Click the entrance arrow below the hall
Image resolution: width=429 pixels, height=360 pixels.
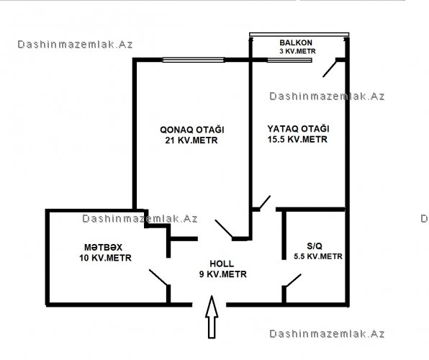(212, 317)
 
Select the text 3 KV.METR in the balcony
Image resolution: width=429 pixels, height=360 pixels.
(297, 51)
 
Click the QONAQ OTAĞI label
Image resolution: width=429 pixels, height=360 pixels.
(192, 130)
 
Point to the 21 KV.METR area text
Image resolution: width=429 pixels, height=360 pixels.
(191, 140)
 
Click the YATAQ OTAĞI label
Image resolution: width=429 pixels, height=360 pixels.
(298, 129)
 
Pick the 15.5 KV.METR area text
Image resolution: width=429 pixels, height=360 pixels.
(297, 140)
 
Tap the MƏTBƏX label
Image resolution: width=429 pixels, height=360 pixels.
(103, 248)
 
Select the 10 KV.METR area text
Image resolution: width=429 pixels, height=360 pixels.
(105, 258)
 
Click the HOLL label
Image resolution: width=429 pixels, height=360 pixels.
(222, 264)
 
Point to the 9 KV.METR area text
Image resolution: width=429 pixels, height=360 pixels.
(223, 274)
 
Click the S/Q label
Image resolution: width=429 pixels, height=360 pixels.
(315, 246)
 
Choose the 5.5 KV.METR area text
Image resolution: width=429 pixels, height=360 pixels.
(318, 256)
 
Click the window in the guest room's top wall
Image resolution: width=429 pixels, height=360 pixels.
(194, 60)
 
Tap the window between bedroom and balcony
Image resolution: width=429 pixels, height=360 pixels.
(289, 60)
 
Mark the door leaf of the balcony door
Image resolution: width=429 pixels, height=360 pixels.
(330, 69)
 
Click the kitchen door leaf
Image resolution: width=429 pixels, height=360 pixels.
(158, 278)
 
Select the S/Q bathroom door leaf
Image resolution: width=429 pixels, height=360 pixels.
(293, 281)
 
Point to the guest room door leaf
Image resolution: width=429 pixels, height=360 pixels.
(224, 228)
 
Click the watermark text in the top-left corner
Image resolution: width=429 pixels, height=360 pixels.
(75, 45)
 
